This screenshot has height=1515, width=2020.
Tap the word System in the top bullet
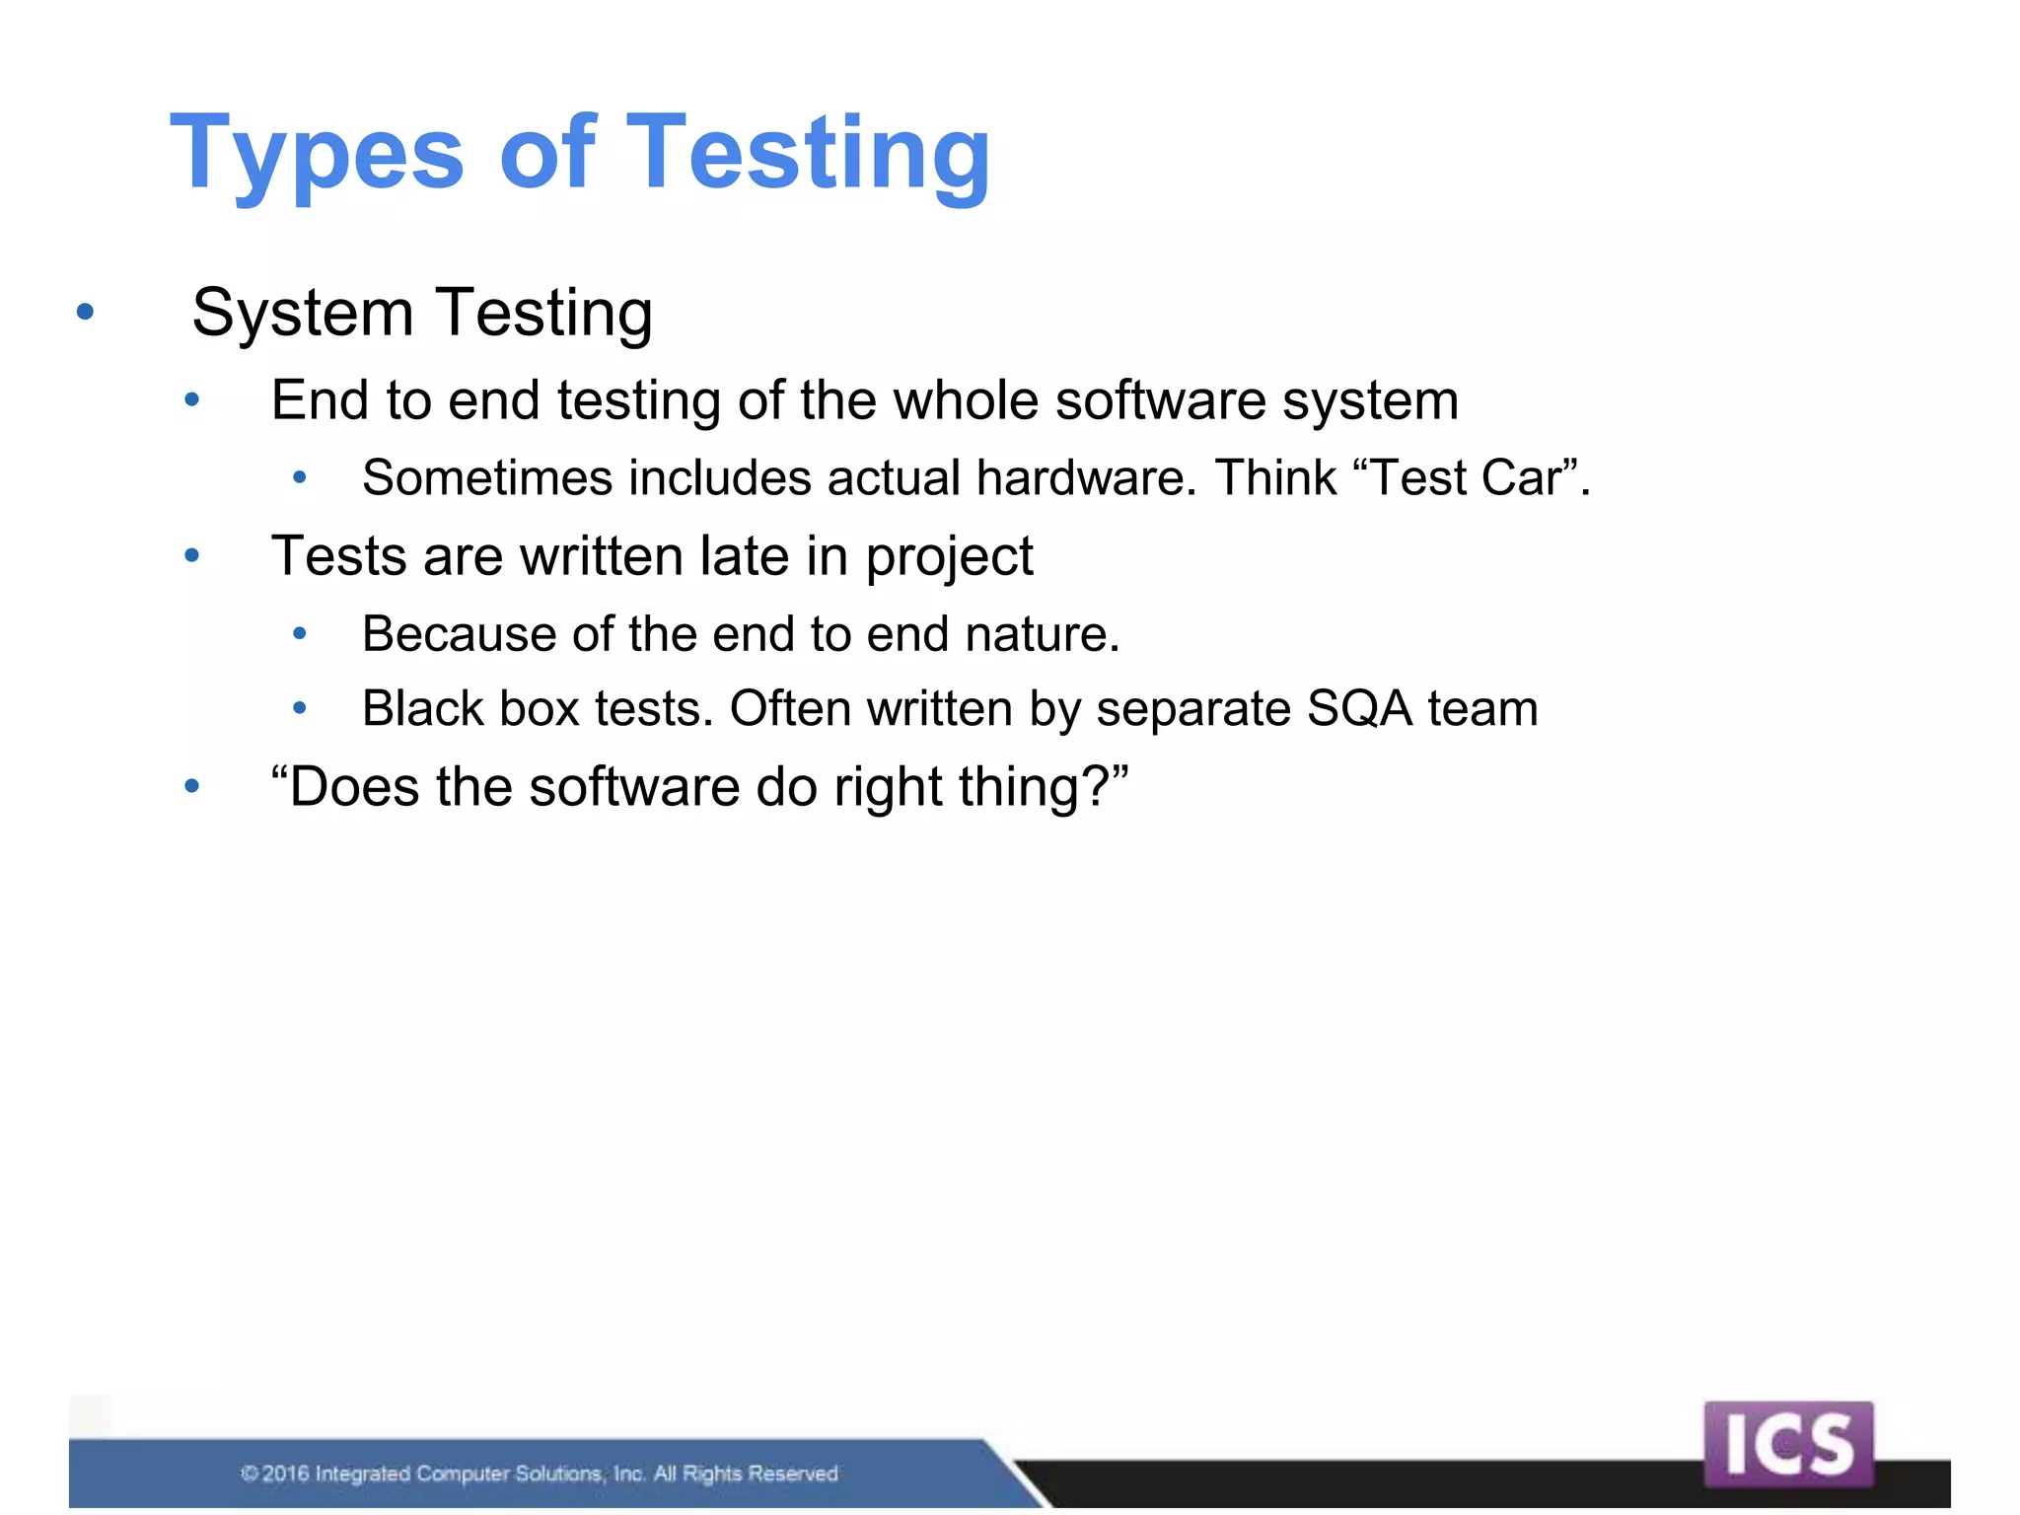302,313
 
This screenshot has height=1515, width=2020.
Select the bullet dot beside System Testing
86,313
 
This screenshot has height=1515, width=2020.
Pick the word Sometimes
487,478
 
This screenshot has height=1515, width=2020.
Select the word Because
459,633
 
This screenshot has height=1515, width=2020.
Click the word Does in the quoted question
354,787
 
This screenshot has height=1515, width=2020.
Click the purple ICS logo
1787,1444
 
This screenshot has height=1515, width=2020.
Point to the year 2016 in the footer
286,1474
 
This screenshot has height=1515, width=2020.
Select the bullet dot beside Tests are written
192,556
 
